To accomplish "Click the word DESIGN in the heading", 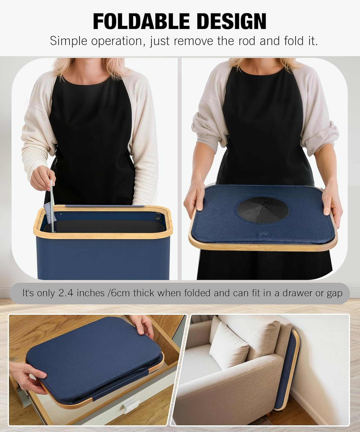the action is point(232,21).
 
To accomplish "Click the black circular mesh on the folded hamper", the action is point(263,210).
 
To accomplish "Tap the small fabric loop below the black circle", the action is point(264,234).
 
